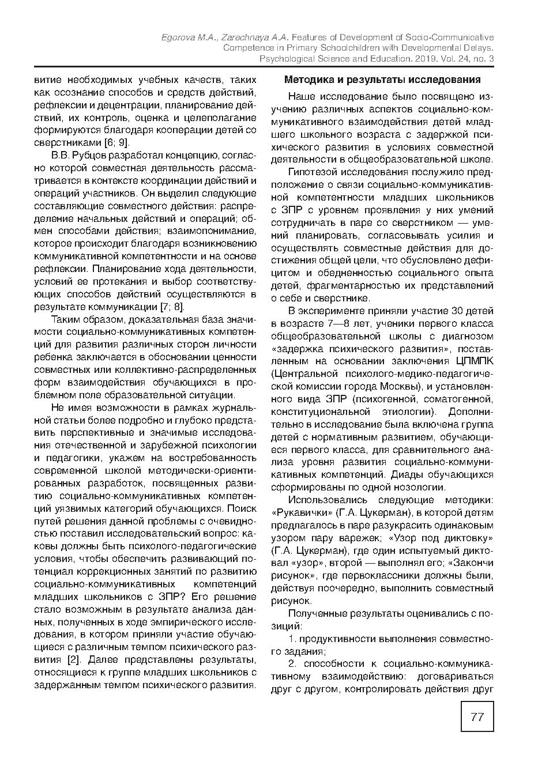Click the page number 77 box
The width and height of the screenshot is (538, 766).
(477, 716)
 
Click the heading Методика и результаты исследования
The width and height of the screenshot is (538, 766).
(382, 80)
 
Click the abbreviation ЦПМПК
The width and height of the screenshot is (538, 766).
(473, 361)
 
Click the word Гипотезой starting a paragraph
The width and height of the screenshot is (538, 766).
(311, 172)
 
